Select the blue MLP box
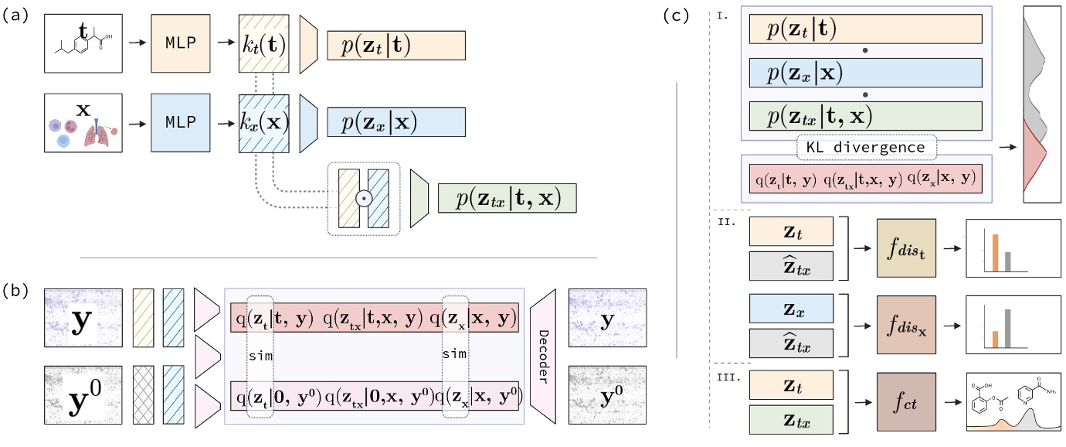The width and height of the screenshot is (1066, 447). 182,122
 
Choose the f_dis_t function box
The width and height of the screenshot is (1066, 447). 906,246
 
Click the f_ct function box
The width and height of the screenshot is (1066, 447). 906,402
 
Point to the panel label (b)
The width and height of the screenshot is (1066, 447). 17,291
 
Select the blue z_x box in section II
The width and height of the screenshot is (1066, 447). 791,310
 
